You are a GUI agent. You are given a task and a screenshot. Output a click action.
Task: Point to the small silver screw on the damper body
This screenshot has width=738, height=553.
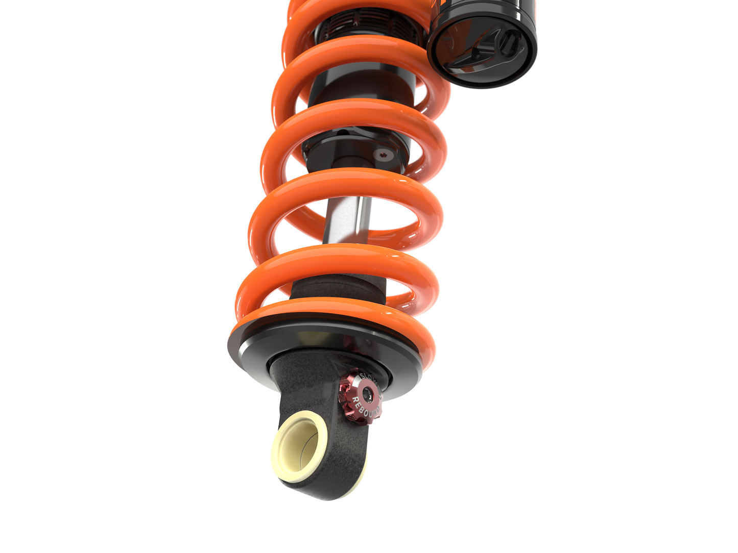coord(384,154)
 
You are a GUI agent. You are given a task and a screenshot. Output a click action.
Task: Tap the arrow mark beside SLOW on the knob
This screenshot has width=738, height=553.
coord(380,388)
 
